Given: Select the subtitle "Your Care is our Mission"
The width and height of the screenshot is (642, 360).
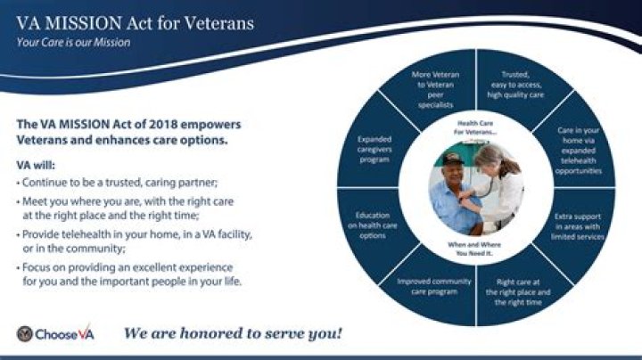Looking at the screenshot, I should click(73, 42).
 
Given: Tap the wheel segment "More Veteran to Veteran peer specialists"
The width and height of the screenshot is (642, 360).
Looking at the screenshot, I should click(436, 89).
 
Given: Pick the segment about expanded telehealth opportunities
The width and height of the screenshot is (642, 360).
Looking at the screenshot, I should click(579, 150).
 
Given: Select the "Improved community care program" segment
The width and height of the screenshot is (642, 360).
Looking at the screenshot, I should click(435, 287).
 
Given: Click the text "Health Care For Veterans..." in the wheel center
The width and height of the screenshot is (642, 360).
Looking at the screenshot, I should click(480, 127).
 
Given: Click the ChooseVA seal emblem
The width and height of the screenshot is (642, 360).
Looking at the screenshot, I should click(26, 334).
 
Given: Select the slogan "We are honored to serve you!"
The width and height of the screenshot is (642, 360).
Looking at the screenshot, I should click(232, 334).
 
